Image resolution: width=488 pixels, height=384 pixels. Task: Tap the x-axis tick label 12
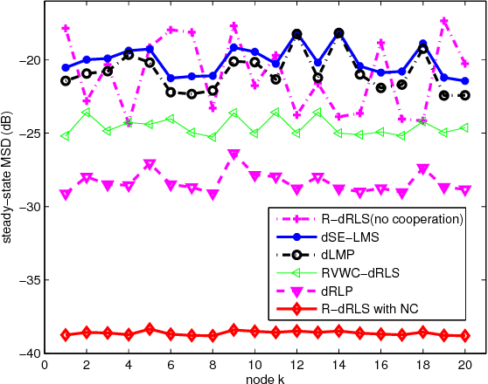coord(296,366)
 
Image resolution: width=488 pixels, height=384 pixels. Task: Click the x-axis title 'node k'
coord(254,379)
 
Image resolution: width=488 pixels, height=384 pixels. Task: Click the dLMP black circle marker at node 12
coord(296,34)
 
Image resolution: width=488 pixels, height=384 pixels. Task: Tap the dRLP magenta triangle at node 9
coord(234,154)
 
